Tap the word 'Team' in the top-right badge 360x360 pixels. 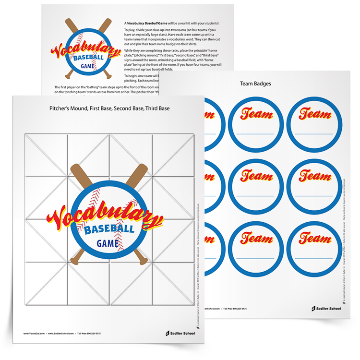click(x=314, y=114)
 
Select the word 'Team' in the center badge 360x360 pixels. click(x=256, y=175)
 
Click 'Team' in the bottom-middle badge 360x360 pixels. click(x=256, y=237)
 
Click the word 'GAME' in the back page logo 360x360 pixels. click(x=88, y=67)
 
